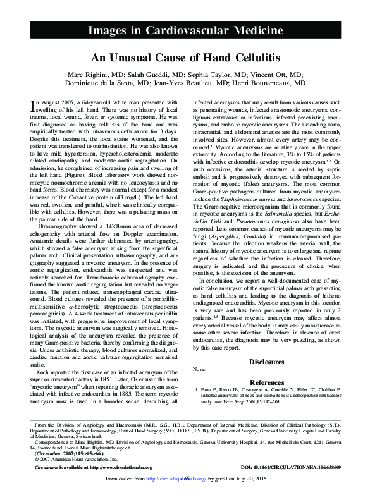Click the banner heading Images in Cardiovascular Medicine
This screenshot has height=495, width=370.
coord(185,30)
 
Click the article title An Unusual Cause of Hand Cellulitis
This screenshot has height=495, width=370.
coord(185,58)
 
